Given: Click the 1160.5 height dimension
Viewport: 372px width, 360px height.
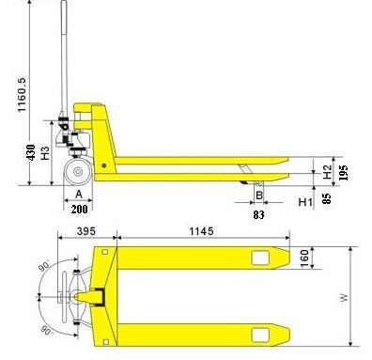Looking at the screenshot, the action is pos(23,94).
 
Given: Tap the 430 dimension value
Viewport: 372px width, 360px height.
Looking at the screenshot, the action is pos(31,152).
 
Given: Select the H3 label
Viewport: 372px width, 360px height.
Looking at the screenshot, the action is pos(45,153).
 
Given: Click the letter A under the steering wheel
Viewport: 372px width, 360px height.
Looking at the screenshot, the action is pos(79,195).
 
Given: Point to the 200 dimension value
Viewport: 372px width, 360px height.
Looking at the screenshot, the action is pos(79,209).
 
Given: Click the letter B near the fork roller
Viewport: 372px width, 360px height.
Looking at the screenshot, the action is pos(259,196).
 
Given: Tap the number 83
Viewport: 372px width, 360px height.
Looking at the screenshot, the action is pos(258,214).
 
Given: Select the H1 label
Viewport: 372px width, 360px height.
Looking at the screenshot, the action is pos(305,202).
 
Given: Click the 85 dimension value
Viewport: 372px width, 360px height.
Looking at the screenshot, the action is pos(326,198).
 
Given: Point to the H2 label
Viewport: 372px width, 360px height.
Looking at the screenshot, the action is pos(327,172).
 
